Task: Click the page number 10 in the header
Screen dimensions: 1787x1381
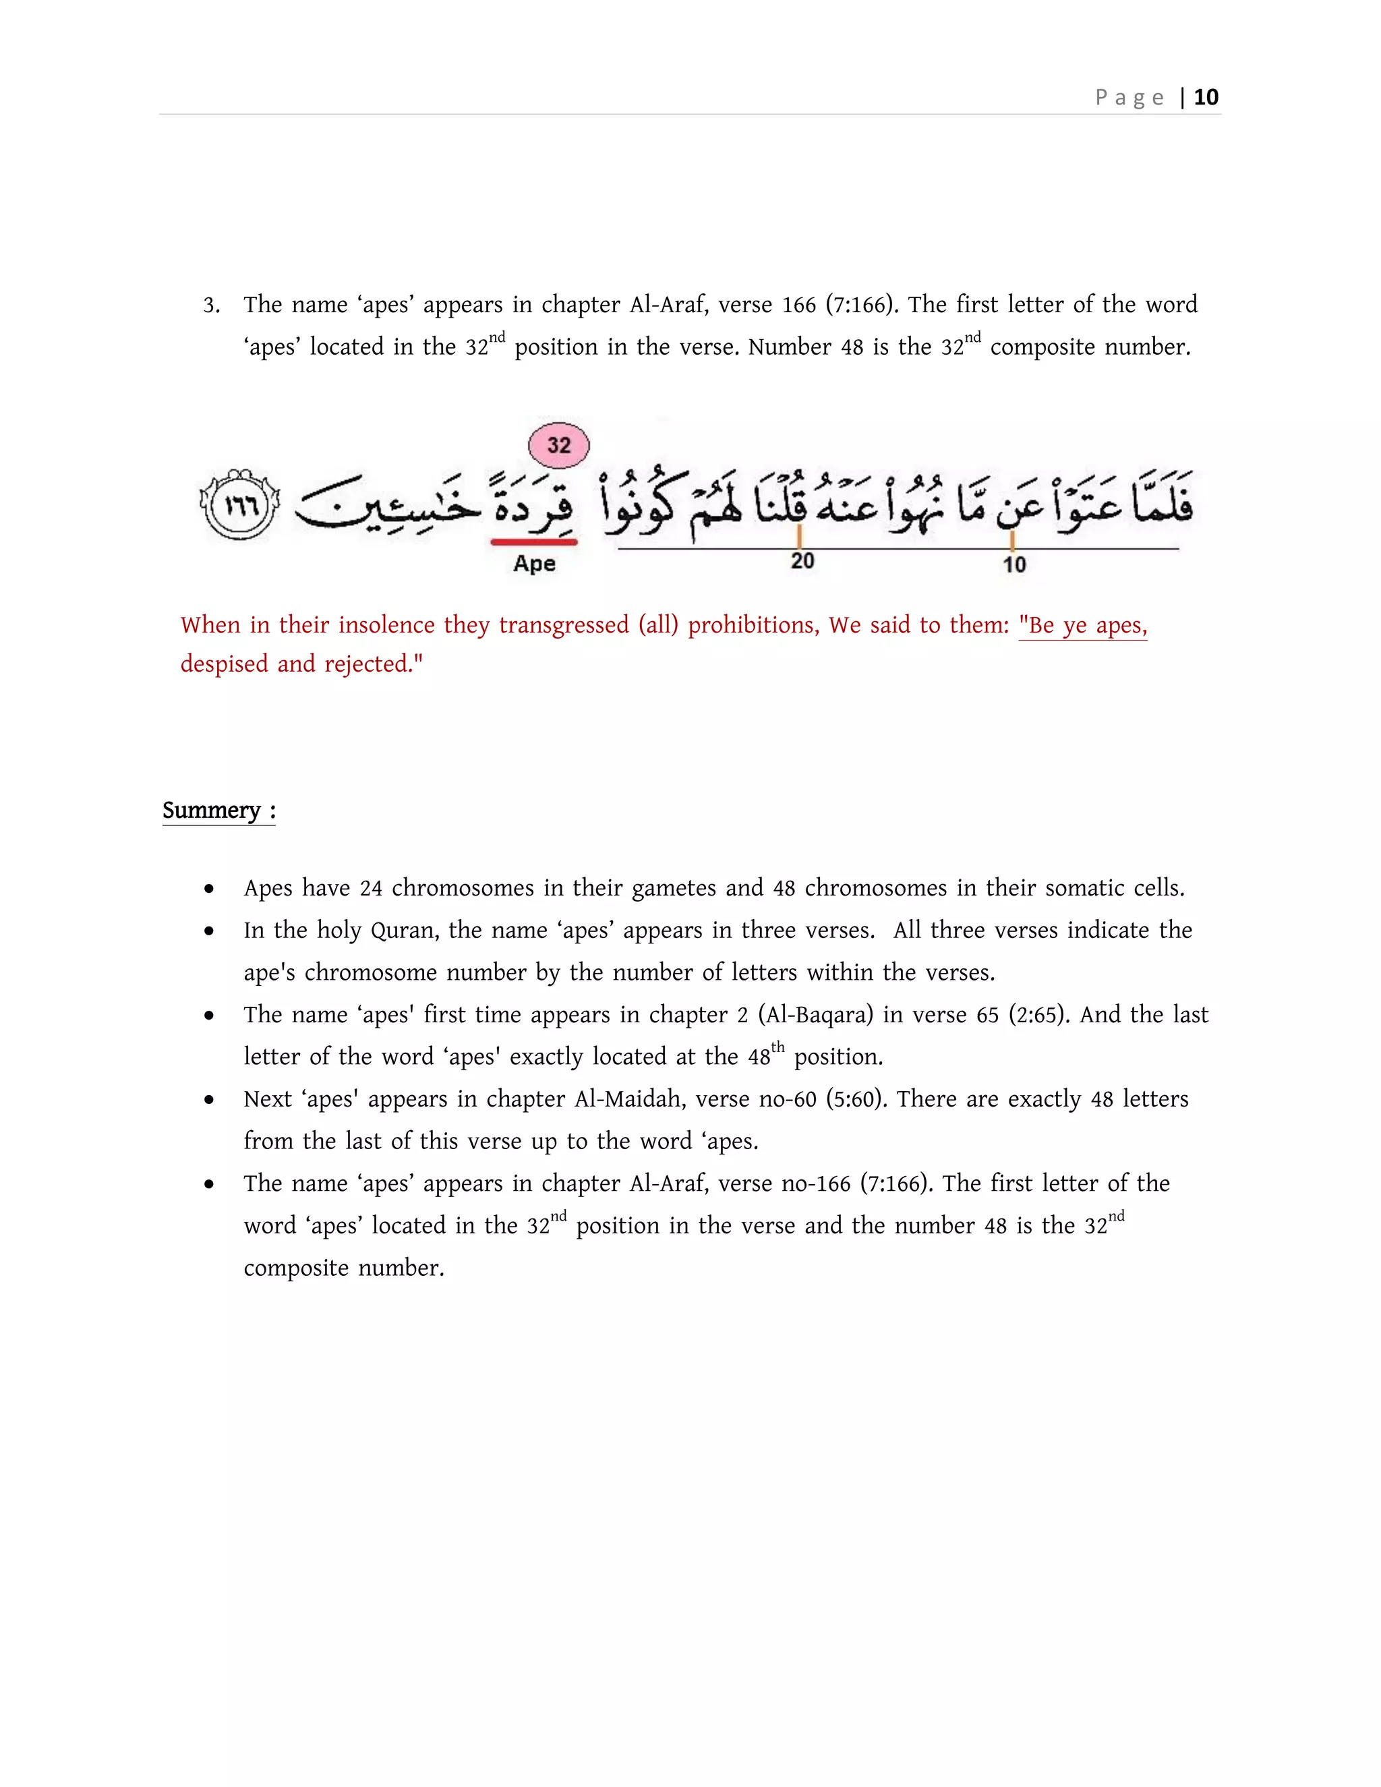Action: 1205,97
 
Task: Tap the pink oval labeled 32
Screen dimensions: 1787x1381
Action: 559,445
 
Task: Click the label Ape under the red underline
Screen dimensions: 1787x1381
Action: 534,564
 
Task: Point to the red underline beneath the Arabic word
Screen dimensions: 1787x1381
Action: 533,541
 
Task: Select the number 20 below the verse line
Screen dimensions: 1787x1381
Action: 802,561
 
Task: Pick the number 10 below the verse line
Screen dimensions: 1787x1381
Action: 1013,564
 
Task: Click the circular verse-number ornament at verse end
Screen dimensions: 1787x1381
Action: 239,505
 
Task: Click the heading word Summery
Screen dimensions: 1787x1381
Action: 211,810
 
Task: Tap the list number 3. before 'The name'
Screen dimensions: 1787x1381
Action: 211,306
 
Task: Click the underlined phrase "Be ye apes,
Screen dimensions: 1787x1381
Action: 1082,625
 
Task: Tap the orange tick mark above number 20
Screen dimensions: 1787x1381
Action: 799,536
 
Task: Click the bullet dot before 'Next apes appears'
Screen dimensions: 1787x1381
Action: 210,1100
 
